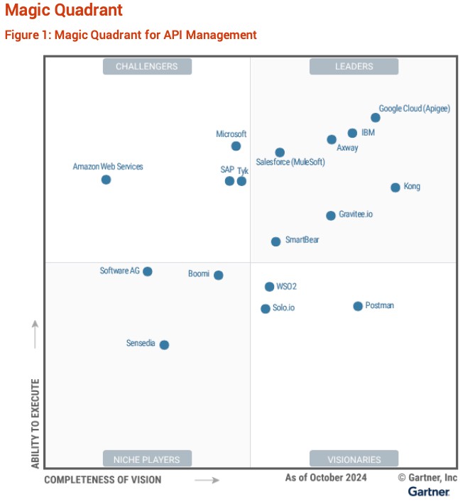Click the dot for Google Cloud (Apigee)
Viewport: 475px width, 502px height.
(x=376, y=118)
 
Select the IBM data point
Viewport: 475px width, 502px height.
(x=352, y=133)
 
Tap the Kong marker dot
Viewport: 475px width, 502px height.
(x=395, y=187)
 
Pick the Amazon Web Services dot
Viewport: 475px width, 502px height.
(x=106, y=180)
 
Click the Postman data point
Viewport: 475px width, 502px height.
(x=358, y=306)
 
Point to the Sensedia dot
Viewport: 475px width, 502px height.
(x=164, y=345)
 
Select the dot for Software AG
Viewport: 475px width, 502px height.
(x=148, y=271)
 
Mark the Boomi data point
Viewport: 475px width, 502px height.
(x=219, y=275)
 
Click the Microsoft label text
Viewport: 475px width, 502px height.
(x=231, y=134)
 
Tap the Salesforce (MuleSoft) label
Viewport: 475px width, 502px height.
(x=290, y=163)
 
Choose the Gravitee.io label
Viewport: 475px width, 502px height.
(x=355, y=214)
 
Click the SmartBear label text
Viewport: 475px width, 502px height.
(x=302, y=240)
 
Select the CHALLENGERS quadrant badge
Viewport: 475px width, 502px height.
(x=147, y=67)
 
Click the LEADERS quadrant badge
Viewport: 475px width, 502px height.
(x=354, y=67)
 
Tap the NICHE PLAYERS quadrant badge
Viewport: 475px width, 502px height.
(x=147, y=459)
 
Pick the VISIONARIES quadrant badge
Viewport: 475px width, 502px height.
(x=354, y=459)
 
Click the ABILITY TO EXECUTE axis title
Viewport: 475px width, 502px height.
(x=35, y=423)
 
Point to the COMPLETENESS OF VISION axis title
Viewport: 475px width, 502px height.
(x=103, y=480)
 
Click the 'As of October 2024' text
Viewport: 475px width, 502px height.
(x=326, y=478)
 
